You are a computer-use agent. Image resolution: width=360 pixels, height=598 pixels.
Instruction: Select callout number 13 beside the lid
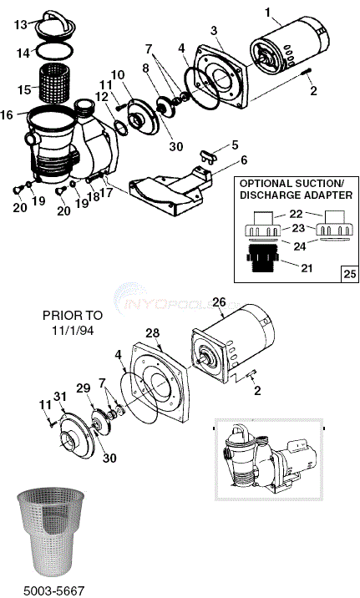21,24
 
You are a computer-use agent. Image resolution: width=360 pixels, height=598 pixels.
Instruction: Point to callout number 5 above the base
235,144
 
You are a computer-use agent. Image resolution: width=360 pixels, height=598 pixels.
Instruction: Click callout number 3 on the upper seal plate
214,31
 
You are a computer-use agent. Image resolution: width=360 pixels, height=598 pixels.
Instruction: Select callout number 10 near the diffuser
118,75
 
